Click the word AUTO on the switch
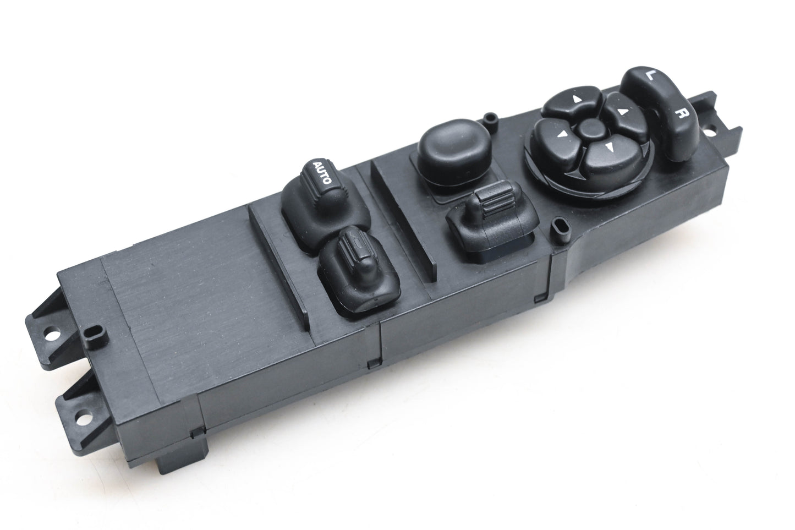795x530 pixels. point(322,172)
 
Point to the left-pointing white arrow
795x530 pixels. point(561,134)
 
